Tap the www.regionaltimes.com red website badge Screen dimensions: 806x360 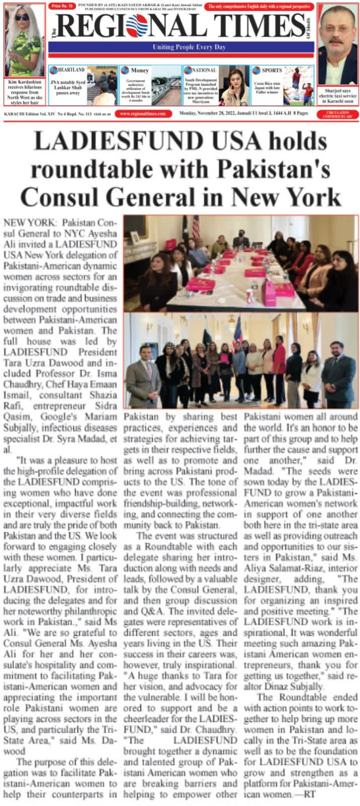(142, 114)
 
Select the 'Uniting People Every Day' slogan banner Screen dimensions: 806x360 (182, 47)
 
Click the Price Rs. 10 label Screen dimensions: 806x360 (62, 6)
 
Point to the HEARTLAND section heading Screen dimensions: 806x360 (71, 70)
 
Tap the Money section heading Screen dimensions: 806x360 (139, 71)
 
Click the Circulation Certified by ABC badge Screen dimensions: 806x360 (338, 114)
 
